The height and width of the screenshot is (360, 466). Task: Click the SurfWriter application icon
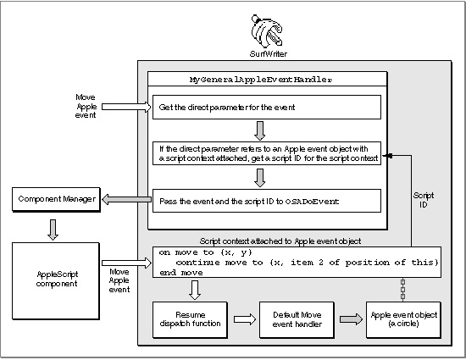pos(267,30)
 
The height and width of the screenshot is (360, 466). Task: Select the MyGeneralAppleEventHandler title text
pos(261,80)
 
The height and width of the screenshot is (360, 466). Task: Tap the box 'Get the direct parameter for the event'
pos(267,108)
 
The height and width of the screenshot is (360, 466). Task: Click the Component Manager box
pos(56,199)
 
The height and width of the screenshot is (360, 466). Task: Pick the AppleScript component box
pos(56,281)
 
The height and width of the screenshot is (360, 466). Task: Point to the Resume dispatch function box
pos(190,319)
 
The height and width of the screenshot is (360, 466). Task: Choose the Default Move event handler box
pos(297,319)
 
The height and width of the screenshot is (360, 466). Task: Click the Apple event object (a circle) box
pos(403,319)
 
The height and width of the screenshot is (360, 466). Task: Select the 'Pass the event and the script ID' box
pos(267,201)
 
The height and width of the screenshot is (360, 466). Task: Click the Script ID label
pos(423,200)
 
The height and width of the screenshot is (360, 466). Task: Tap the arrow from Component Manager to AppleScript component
pos(53,230)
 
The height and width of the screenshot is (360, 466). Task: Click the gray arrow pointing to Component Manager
pos(126,199)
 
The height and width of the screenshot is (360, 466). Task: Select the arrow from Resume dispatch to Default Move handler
pos(245,319)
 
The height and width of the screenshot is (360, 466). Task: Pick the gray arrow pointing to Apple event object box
pos(351,319)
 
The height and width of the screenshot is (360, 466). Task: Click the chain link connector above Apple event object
pos(402,290)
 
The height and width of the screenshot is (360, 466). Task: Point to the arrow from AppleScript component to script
pos(126,263)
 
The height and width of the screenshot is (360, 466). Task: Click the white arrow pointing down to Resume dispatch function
pos(195,290)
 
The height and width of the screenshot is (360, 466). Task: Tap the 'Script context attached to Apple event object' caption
pos(280,241)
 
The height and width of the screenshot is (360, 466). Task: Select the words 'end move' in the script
pos(181,273)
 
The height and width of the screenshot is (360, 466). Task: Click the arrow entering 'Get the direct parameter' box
pos(126,107)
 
